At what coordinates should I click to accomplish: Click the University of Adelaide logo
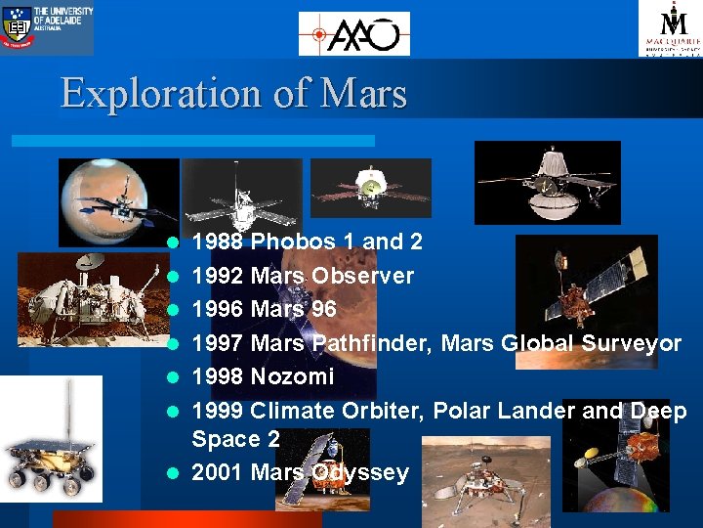click(48, 26)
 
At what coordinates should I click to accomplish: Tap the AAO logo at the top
click(353, 34)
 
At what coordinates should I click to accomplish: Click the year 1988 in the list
click(218, 242)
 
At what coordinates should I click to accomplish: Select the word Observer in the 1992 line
click(362, 276)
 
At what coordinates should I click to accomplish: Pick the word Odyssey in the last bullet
click(360, 472)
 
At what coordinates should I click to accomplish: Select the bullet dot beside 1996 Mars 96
click(172, 310)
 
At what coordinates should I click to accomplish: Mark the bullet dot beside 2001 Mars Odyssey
click(172, 473)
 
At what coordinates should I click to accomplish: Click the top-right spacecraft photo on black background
click(547, 183)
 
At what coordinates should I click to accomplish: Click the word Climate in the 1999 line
click(292, 411)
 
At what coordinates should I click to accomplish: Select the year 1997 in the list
click(218, 343)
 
